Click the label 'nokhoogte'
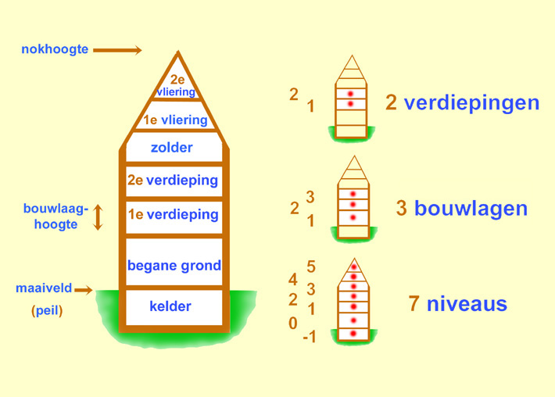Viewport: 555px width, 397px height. tap(55, 50)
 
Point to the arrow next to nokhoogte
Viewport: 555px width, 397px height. tap(117, 51)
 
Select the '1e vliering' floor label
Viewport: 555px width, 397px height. tap(176, 120)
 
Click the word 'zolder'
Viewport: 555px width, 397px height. tap(172, 147)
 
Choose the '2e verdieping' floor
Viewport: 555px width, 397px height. tap(173, 181)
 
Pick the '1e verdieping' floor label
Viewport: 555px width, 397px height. tap(173, 214)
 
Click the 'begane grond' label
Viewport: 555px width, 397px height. tap(174, 266)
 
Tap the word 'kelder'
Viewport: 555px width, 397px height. tap(170, 306)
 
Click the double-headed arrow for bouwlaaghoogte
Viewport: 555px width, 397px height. tap(98, 217)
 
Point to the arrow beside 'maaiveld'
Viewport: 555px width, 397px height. tap(84, 290)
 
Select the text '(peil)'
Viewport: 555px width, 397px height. tap(47, 310)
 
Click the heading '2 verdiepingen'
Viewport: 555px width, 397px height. tap(462, 102)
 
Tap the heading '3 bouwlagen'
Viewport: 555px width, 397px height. tap(461, 209)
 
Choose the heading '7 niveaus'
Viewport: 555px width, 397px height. tap(457, 303)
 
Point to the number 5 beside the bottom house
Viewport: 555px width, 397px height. tap(310, 267)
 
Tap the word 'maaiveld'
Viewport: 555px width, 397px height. tap(44, 288)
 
